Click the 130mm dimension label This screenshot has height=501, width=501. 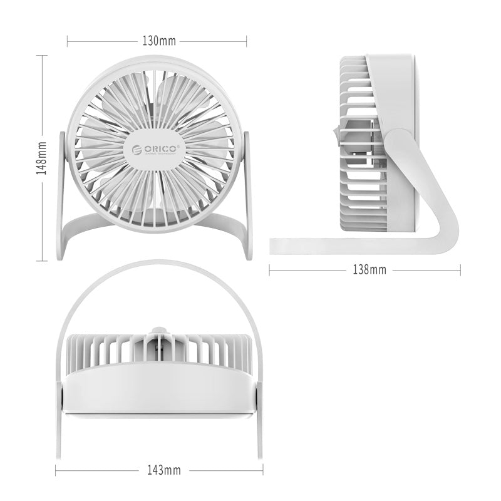159,42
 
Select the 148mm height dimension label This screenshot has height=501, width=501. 41,158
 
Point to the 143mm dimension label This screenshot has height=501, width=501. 160,470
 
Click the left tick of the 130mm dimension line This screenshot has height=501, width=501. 68,42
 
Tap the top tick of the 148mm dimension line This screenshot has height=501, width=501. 41,55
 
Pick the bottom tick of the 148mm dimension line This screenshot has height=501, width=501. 41,260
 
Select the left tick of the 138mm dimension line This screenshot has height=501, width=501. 269,270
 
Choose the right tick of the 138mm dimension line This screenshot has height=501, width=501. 460,270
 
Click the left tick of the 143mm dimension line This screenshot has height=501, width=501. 56,470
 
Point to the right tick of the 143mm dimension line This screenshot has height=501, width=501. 263,470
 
